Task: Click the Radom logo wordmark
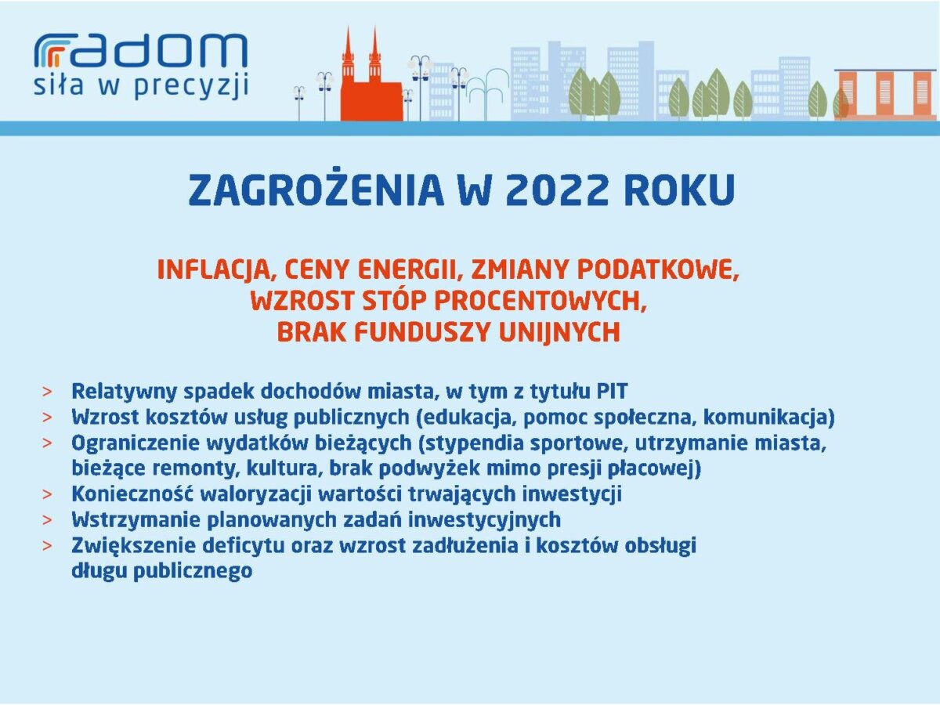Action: (141, 50)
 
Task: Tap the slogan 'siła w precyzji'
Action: (141, 86)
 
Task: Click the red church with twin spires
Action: (371, 75)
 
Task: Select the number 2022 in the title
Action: (556, 190)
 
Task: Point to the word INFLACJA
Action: (216, 270)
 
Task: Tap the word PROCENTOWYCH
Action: (540, 302)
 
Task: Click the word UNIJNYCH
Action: (560, 332)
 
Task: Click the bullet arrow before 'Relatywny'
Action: (47, 392)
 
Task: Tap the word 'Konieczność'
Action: (132, 494)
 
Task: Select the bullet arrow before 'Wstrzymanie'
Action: (47, 520)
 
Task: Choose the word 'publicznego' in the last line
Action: (193, 572)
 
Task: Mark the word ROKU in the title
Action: (680, 190)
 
